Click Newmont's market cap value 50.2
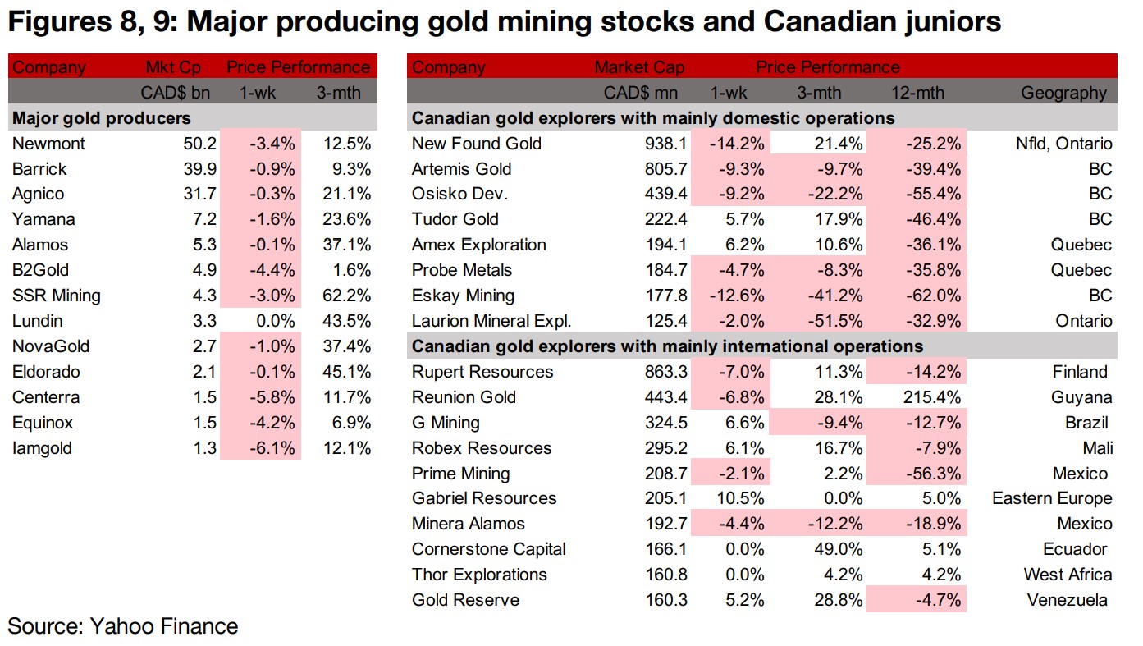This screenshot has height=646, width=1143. pos(200,144)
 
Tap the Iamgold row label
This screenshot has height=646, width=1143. pos(42,448)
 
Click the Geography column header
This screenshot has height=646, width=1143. pos(1063,93)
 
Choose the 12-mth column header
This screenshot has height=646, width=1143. pos(934,93)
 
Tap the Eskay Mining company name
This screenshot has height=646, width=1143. pos(463,296)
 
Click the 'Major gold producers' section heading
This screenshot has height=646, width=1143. pos(101,118)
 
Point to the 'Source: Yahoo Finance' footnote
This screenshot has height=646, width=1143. pos(123,627)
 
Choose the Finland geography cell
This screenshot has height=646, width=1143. pos(1080,372)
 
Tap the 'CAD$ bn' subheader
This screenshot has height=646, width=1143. pos(176,93)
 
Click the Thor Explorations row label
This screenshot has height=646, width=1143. pos(479,575)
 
